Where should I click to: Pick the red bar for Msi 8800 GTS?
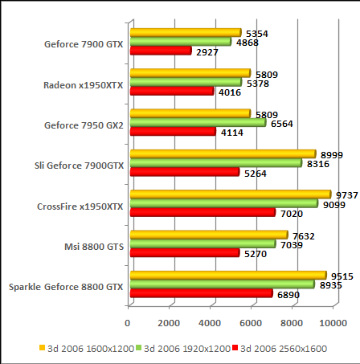click(185, 252)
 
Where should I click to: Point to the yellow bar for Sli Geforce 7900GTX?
click(223, 153)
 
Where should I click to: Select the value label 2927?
click(207, 51)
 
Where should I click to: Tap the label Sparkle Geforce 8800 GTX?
click(66, 286)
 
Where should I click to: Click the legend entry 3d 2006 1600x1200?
click(88, 348)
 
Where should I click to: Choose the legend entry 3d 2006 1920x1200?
click(186, 348)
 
